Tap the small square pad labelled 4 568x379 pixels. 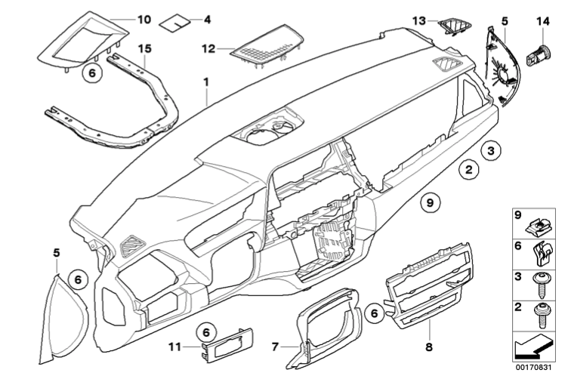coord(178,20)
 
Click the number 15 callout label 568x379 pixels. coord(145,48)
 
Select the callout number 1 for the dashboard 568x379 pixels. coord(205,79)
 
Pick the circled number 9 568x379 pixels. coord(428,202)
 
